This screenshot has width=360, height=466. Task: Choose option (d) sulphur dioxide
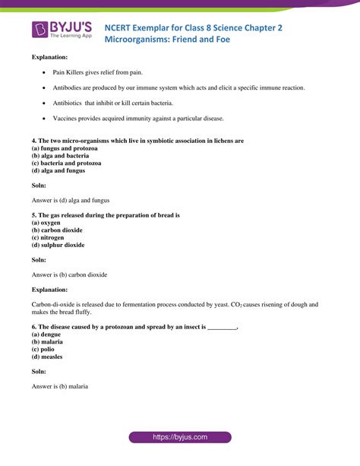58,246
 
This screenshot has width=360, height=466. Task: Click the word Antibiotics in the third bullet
68,103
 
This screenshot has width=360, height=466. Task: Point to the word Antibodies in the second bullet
69,88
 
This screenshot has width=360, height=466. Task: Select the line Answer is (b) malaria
60,386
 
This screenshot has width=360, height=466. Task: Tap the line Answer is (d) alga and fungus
71,201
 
